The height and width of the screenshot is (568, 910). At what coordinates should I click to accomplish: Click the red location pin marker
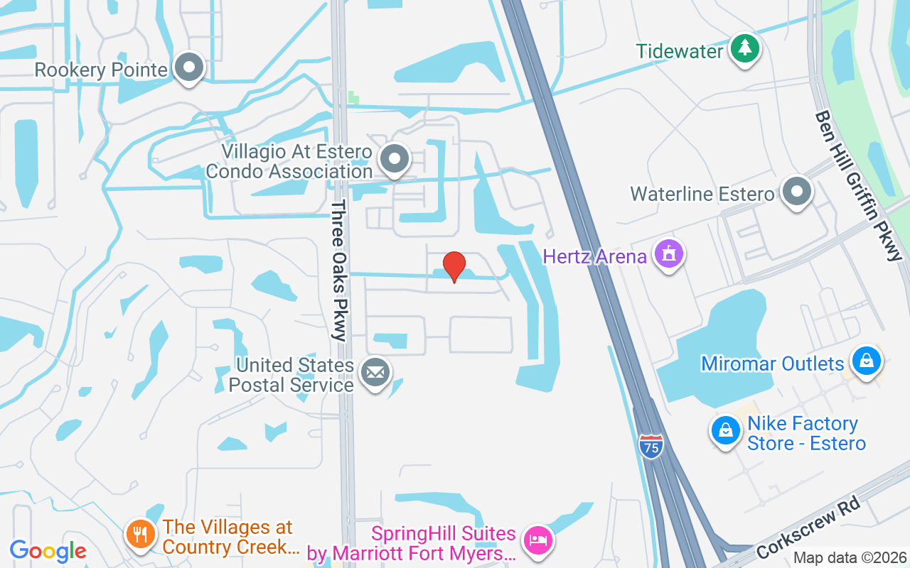click(454, 266)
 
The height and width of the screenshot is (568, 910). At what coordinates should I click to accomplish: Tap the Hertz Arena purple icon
click(669, 253)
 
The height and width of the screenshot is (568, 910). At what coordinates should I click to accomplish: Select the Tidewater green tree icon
click(744, 49)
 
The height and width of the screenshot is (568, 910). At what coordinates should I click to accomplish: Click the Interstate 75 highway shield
click(651, 447)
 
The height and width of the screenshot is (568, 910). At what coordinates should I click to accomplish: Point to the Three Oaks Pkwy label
click(339, 271)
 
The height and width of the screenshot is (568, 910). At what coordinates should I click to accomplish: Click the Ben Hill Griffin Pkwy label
click(858, 185)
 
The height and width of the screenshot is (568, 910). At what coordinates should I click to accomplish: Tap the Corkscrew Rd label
click(810, 527)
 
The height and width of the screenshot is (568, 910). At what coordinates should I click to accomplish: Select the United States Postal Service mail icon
click(375, 372)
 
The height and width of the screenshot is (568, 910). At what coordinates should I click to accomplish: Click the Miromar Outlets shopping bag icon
click(866, 361)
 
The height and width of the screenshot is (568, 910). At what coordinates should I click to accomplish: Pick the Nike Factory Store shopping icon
click(725, 430)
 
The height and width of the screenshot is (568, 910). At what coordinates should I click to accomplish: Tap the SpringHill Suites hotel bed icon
click(538, 541)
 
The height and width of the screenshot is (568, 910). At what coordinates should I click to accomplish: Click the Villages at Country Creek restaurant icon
click(140, 533)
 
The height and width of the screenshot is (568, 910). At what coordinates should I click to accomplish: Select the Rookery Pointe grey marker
click(189, 68)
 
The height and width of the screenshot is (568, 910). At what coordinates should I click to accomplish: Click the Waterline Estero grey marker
click(796, 192)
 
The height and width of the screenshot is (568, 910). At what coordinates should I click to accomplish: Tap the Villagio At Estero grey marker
click(394, 159)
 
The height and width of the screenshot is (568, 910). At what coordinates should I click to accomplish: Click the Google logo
click(48, 550)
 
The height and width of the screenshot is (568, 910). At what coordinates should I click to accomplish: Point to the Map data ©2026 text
click(850, 557)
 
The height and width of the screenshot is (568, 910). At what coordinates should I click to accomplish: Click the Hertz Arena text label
click(594, 256)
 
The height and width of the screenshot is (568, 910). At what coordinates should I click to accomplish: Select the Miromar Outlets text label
click(772, 364)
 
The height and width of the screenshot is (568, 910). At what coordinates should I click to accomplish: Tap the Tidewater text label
click(679, 51)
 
